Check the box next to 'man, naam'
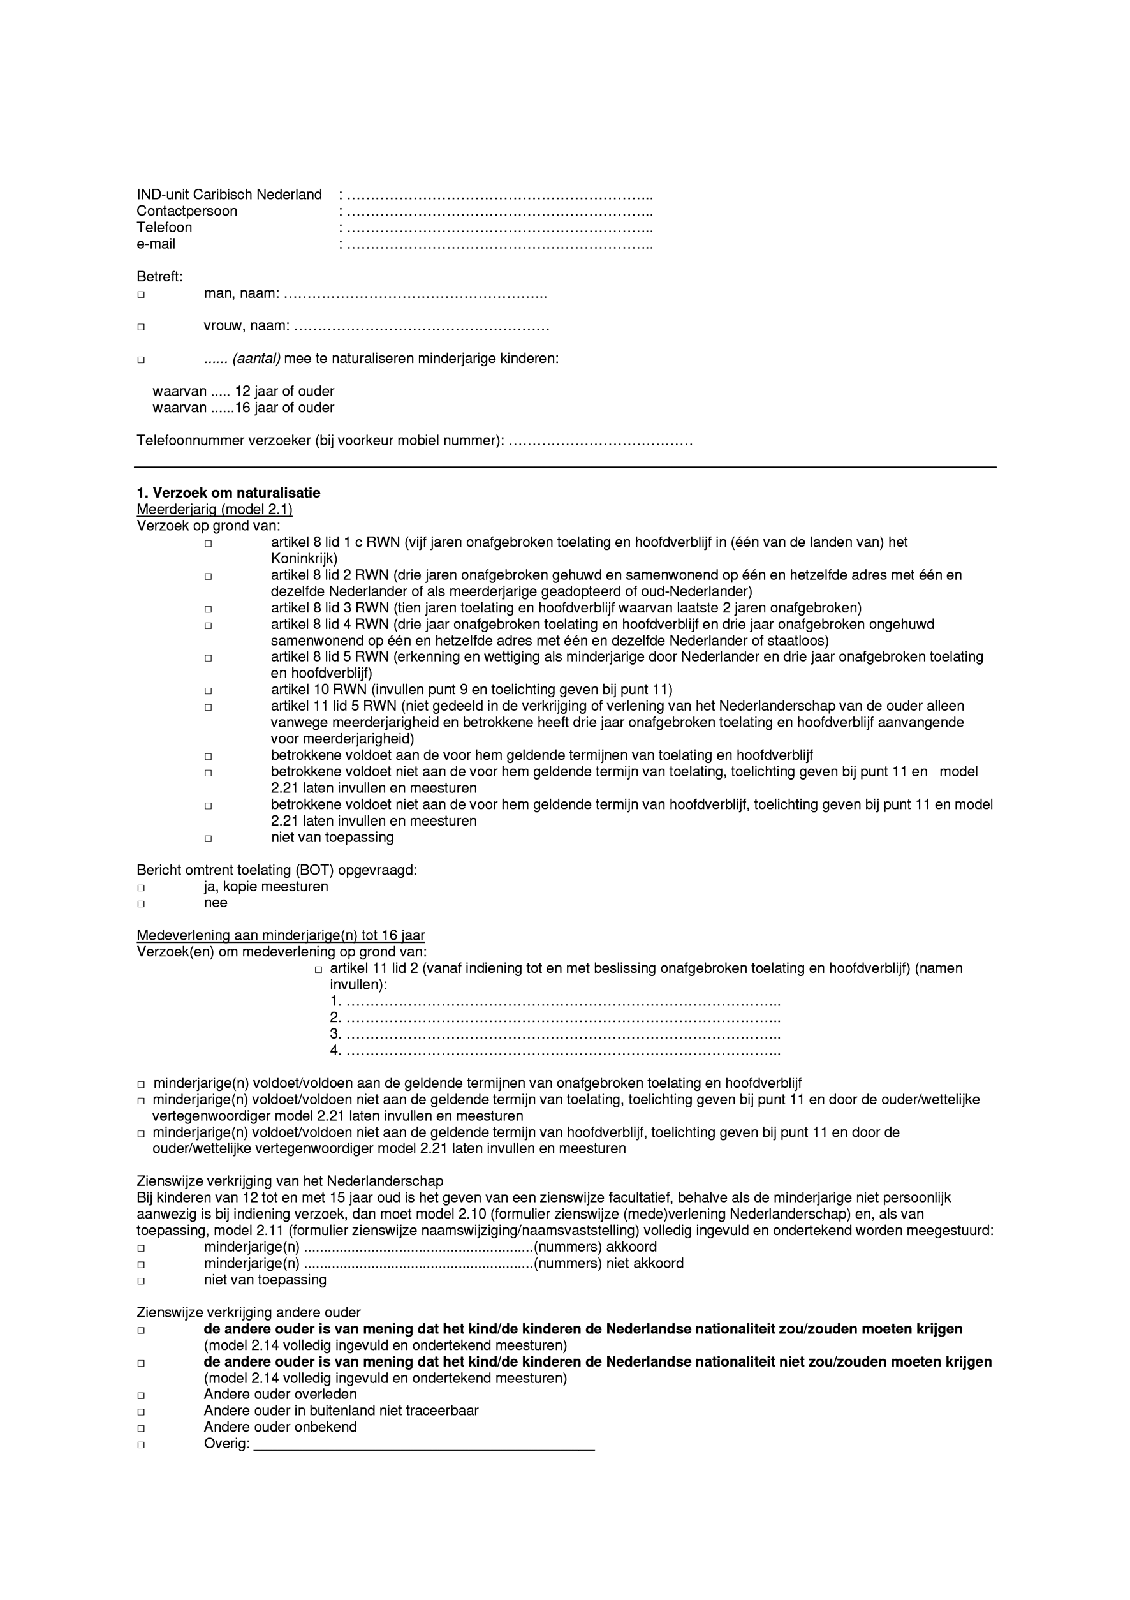pos(141,295)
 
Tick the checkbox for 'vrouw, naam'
pos(141,327)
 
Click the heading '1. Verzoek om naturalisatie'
pos(228,493)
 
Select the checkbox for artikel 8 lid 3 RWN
pos(208,609)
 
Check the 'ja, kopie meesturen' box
pos(141,888)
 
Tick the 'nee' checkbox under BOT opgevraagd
pos(141,904)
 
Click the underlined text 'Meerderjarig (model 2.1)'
pos(214,509)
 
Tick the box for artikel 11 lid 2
pos(318,969)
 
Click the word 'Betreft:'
pos(159,278)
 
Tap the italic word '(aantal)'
pos(256,359)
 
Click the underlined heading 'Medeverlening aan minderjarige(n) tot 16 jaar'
pos(281,935)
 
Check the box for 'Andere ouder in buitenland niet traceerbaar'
pos(141,1412)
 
